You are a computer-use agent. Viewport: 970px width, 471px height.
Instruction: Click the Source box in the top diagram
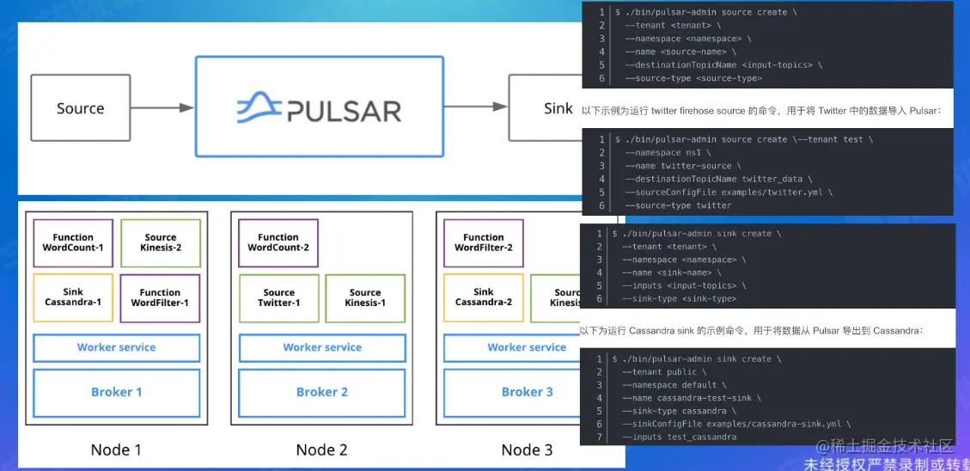tap(81, 108)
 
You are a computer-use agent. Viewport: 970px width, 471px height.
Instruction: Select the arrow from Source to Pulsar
tap(162, 108)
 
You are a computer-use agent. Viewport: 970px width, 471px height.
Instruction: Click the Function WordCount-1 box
tap(73, 243)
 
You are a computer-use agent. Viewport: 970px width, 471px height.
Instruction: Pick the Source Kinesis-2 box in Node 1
tap(161, 243)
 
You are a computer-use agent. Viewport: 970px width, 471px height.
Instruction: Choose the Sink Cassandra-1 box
tap(73, 297)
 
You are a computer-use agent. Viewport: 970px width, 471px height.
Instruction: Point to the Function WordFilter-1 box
tap(160, 297)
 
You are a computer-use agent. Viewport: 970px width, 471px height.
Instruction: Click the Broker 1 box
tap(117, 392)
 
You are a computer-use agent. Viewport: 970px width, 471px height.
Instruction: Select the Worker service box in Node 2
tap(322, 347)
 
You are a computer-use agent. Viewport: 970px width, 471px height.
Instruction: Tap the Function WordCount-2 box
tap(278, 243)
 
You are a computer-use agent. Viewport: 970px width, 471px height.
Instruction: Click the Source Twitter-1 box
tap(279, 297)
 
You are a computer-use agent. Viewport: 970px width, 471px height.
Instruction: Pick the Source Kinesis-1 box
tap(365, 297)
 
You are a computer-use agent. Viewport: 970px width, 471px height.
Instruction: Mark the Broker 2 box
tap(322, 392)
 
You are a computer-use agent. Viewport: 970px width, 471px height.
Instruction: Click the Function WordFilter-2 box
tap(484, 243)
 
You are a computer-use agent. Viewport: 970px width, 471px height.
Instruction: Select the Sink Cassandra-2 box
tap(484, 297)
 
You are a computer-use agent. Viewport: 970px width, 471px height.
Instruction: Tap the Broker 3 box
tap(527, 392)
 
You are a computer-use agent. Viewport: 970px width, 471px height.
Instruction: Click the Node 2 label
tap(321, 450)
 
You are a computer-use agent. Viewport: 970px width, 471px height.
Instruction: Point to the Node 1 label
tap(116, 450)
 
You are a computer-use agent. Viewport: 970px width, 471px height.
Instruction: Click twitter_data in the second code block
tap(773, 179)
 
